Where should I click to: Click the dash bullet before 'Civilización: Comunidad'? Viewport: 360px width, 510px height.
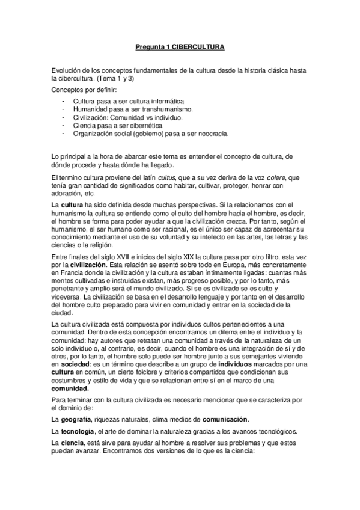(64, 117)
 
